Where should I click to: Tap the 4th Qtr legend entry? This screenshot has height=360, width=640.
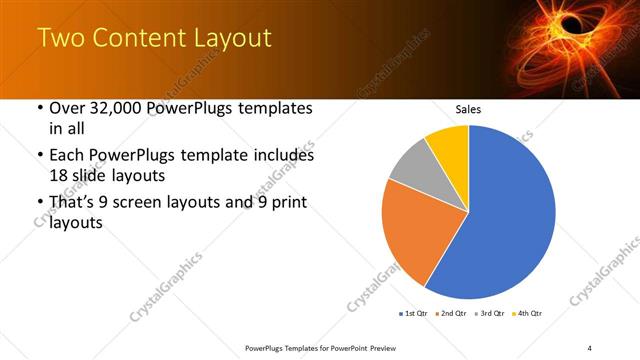(x=527, y=314)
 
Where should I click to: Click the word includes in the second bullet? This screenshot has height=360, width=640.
(x=279, y=156)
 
